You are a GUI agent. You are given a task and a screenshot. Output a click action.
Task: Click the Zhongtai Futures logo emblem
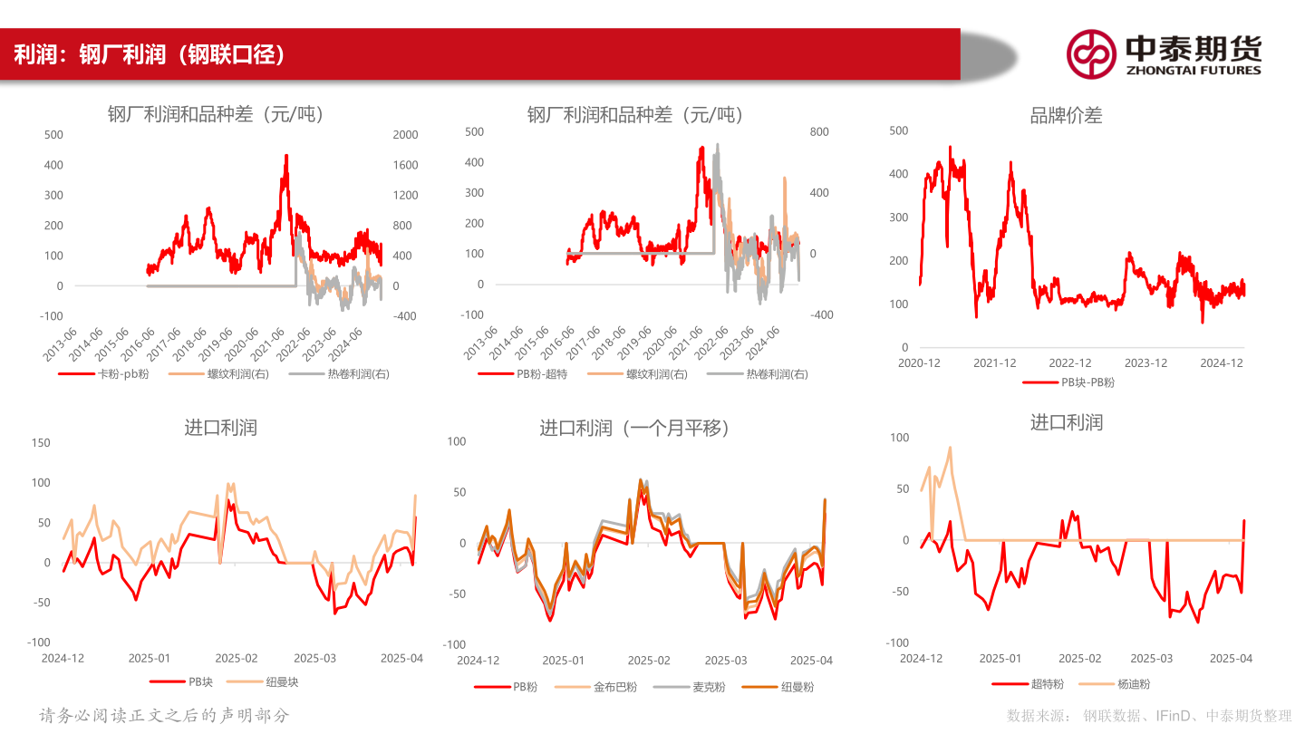coord(1090,53)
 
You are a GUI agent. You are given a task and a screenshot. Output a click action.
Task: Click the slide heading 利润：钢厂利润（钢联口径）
coord(150,54)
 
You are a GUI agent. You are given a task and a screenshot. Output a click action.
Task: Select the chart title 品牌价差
coord(1066,115)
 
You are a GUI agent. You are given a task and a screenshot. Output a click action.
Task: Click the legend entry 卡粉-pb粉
coord(115,373)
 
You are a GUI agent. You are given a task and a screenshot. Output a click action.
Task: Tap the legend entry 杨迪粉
coord(1133,684)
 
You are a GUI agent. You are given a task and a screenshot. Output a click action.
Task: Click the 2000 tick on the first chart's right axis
coord(405,135)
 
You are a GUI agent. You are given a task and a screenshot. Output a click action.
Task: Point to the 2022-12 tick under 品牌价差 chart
coord(1070,363)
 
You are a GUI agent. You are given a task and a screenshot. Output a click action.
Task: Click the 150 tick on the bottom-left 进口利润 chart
coord(40,443)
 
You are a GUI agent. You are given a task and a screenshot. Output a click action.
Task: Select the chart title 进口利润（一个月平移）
coord(634,428)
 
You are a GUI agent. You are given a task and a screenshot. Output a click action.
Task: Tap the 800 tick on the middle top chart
coord(819,132)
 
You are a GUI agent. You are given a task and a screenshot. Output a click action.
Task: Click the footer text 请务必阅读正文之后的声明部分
coord(164,715)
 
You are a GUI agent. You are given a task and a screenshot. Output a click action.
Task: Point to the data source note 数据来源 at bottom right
coord(1149,716)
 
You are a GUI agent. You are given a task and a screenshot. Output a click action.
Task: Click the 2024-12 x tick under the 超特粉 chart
coord(921,659)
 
